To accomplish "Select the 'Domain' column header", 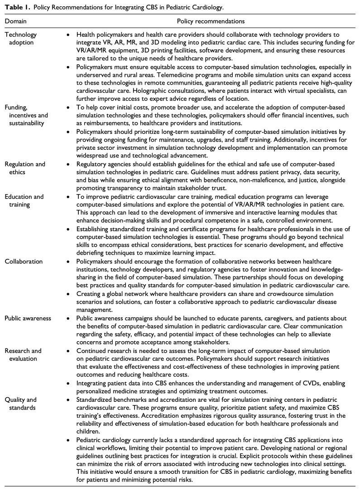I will click(16, 21).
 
